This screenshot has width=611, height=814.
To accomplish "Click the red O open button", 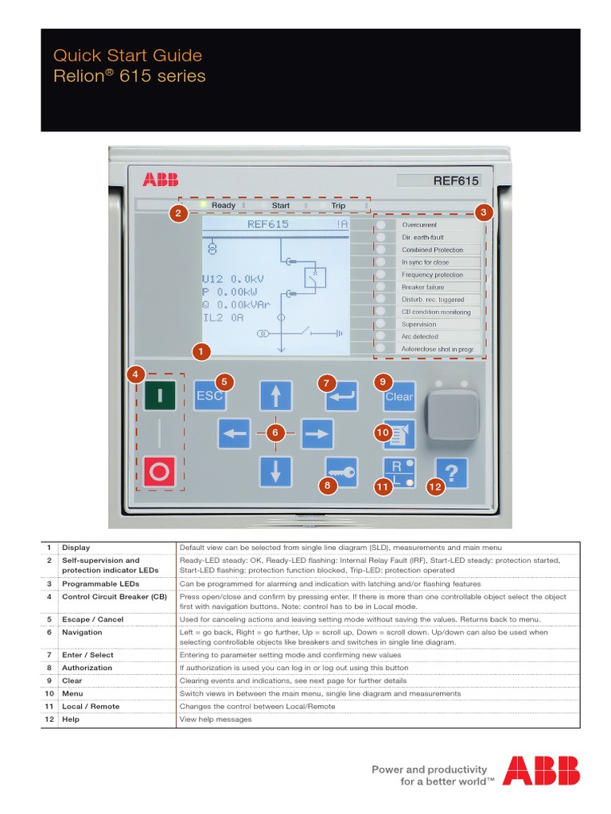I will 160,471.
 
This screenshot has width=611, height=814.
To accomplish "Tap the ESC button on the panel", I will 209,396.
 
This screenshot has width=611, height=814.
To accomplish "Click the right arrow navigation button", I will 317,433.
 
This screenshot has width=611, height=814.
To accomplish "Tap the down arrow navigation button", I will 275,471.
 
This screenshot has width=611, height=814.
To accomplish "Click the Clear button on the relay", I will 399,396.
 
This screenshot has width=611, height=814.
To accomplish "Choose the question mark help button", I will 451,473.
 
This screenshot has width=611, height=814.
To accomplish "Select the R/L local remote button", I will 399,473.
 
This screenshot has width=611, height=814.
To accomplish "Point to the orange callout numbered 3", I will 483,212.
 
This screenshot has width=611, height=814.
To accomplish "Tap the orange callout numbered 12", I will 434,488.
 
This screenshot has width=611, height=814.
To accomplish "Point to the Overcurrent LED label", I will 419,225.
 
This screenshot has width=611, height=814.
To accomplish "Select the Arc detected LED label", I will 419,336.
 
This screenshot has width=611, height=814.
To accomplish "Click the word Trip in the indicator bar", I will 338,205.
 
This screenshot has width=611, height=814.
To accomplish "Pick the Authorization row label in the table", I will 88,668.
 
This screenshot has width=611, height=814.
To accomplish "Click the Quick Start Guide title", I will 127,56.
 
